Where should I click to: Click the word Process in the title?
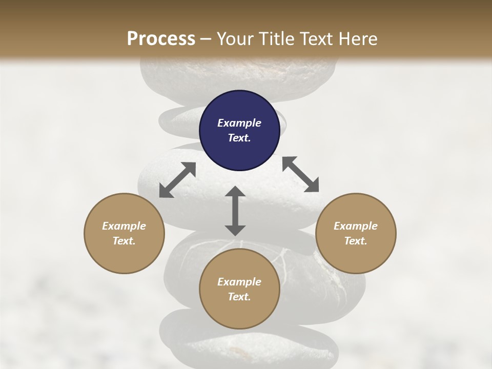tap(161, 39)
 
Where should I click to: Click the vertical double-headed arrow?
tap(235, 211)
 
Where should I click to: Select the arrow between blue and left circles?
tap(177, 180)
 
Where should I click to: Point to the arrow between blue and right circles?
tap(300, 174)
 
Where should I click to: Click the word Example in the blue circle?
tap(239, 123)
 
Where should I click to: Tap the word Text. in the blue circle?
tap(239, 138)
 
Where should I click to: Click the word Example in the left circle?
tap(124, 226)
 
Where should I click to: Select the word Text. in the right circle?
tap(356, 241)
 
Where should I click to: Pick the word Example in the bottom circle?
tap(239, 282)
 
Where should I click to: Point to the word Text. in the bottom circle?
tap(239, 297)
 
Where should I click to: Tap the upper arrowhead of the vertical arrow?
tap(235, 193)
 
